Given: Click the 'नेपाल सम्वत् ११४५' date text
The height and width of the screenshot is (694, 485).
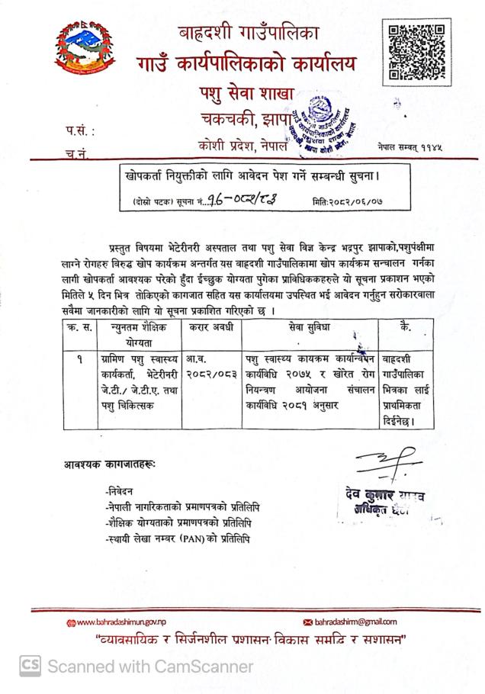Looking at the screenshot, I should coord(411,146).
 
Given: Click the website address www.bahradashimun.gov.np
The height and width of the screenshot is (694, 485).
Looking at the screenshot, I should coord(119,622).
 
